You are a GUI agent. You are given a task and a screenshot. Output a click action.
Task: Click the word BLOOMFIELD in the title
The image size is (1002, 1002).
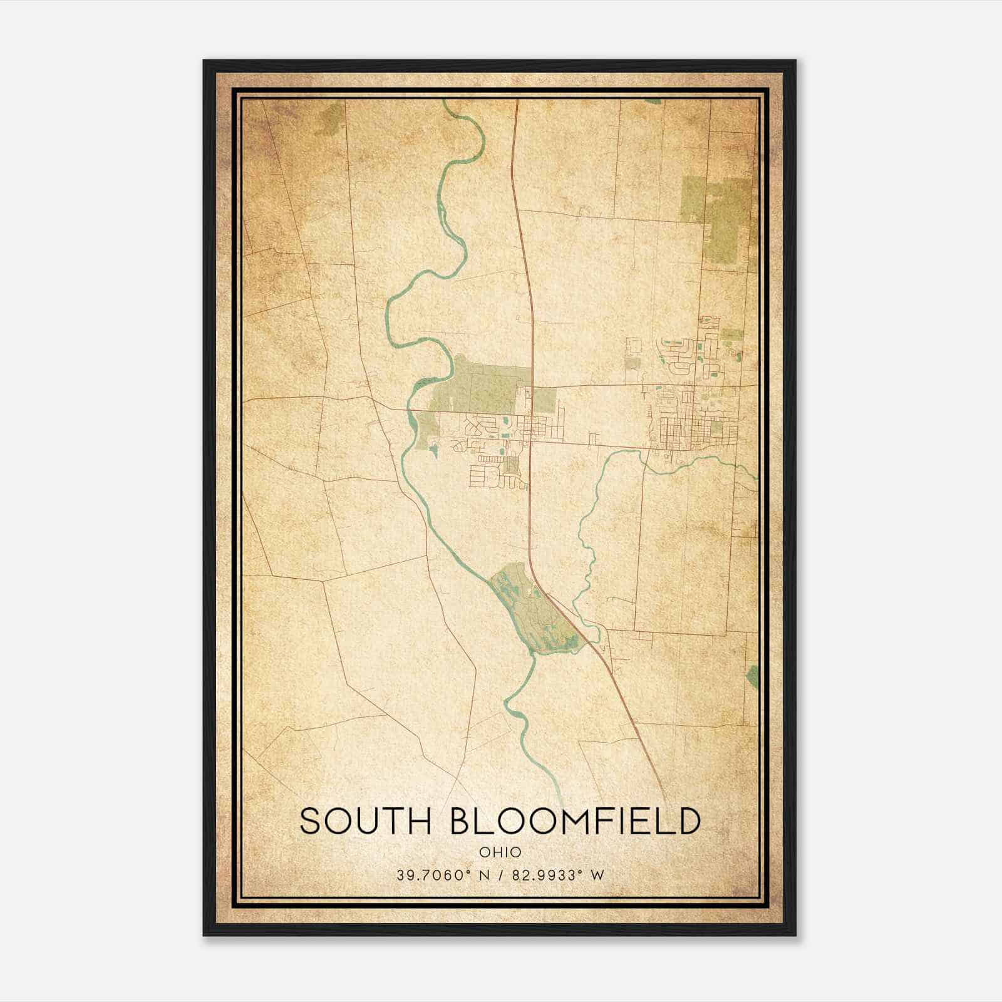point(575,821)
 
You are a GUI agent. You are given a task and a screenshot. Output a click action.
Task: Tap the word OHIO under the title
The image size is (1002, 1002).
point(500,852)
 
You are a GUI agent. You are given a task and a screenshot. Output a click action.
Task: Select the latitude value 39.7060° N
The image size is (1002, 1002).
point(442,875)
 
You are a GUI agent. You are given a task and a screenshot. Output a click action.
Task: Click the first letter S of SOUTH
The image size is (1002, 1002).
point(310,821)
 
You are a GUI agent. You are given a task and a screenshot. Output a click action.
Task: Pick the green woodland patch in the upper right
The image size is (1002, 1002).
point(720,213)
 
